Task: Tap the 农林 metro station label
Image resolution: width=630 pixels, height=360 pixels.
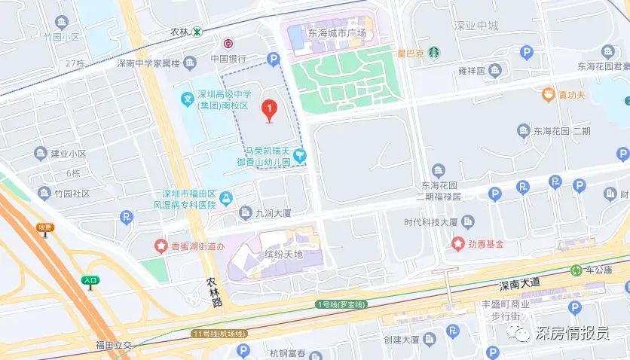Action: point(179,32)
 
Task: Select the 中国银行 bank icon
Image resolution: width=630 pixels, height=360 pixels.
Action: point(228,44)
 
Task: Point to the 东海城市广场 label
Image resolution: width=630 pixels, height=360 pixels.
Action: point(337,33)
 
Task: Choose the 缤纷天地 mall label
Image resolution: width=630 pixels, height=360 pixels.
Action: point(283,255)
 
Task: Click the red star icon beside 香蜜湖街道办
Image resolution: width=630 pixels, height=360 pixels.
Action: point(160,245)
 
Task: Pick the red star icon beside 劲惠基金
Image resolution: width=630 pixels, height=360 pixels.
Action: point(457,243)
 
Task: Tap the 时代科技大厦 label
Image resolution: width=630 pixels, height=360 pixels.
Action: point(431,222)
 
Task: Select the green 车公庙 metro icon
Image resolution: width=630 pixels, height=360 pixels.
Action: point(576,270)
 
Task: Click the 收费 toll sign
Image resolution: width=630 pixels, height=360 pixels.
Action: point(45,227)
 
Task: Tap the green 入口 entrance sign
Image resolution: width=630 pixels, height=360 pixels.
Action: point(90,280)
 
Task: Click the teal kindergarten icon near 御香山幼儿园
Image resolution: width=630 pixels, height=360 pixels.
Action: point(300,156)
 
